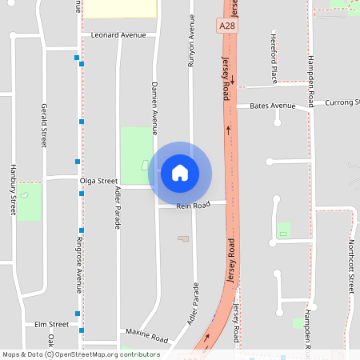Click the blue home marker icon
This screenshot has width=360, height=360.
pos(180,173)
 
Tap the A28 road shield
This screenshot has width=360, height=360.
pos(227,26)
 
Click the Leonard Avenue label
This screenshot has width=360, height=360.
pos(118,35)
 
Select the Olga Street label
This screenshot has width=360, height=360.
pos(98,181)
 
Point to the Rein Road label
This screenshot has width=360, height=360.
pos(193,206)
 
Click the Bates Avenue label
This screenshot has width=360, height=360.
pos(272,106)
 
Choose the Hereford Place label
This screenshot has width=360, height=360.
pos(274,61)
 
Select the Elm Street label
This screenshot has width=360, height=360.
pos(52,324)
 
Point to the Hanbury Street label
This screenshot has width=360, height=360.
pos(14,190)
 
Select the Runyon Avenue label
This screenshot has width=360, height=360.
pos(192,44)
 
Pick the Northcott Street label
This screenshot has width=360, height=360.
pos(350,264)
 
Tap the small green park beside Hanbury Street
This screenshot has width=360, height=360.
pos(30,202)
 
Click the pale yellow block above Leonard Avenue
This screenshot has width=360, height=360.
pos(120,8)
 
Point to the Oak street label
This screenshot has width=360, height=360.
pos(50,341)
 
